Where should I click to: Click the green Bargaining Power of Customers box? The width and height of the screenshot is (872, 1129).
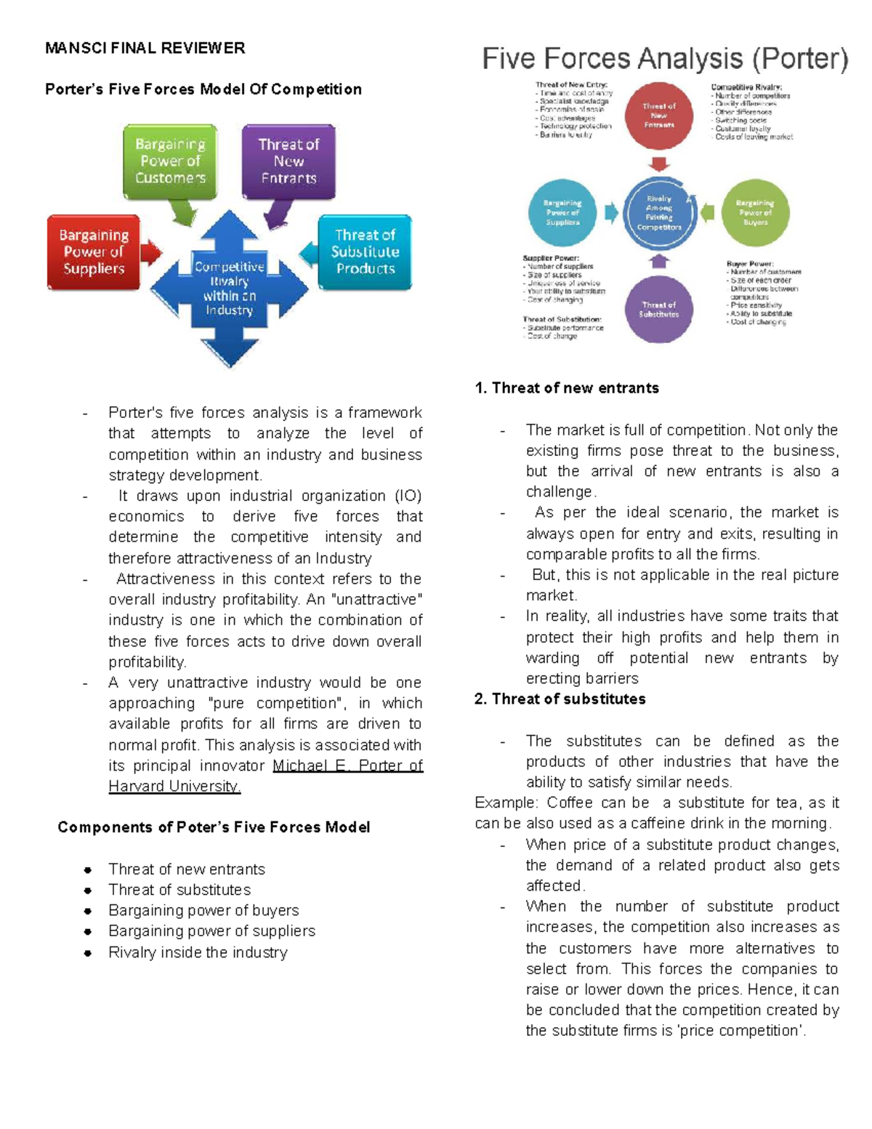[170, 161]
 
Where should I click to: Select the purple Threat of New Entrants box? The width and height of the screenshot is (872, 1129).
[288, 161]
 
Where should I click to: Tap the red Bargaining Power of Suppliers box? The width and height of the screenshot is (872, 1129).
[94, 252]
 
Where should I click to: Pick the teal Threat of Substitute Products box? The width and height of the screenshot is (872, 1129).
[365, 252]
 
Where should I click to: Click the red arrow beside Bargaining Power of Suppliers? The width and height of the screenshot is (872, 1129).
[151, 252]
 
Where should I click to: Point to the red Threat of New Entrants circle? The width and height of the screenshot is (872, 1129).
[658, 116]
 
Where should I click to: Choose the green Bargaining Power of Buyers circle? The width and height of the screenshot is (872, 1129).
[755, 213]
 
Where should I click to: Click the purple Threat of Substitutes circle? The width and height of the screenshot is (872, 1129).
[658, 310]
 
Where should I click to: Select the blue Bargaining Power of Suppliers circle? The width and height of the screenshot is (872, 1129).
[562, 213]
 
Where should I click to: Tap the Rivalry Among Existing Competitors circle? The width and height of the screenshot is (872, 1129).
[658, 213]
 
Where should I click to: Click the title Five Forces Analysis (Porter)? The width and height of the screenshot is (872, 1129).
[665, 59]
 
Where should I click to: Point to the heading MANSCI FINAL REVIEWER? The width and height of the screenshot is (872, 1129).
[145, 49]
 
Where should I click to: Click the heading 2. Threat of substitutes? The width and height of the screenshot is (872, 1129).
[560, 699]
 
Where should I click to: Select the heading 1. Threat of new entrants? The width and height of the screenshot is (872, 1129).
[567, 388]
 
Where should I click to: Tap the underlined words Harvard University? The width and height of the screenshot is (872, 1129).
[174, 787]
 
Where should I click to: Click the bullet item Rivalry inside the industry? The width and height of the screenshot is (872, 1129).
[198, 952]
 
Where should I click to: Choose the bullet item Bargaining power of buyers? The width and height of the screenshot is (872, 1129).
[203, 911]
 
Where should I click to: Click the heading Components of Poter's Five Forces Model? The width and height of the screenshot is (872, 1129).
[214, 828]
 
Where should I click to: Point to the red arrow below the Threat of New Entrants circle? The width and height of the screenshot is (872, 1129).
[659, 164]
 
